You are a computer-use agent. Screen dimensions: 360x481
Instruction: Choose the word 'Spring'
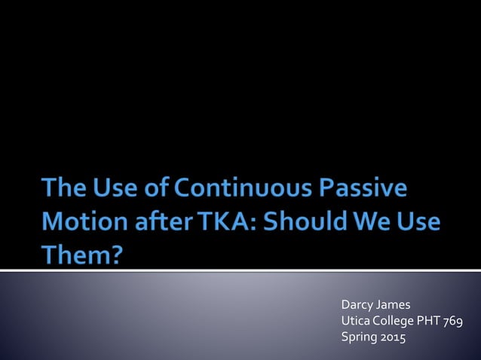(x=359, y=338)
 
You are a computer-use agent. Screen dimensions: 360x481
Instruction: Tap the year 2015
(x=392, y=338)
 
